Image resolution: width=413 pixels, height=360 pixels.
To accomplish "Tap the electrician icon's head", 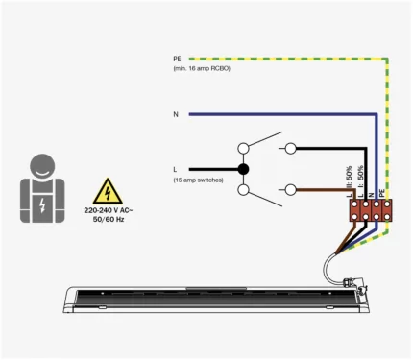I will pos(41,164).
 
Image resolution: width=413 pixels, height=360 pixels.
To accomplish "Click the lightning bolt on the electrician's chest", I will pos(41,204).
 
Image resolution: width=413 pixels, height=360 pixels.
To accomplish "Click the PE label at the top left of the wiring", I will pos(177,59).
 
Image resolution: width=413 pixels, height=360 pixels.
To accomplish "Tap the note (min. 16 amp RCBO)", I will pos(202,68).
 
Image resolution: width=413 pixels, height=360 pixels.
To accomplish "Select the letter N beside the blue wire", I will pos(176,115).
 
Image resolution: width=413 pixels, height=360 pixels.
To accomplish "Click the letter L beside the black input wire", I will pos(175,170).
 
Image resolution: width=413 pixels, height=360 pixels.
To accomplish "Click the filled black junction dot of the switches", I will pos(243,170).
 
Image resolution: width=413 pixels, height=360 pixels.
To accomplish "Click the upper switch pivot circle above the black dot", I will pos(243,148).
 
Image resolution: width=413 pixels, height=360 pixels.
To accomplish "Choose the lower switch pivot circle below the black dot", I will pos(243,191).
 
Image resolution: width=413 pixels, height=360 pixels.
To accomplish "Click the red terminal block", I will pos(365,212).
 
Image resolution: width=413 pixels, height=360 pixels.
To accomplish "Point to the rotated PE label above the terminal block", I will pos(382,193).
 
